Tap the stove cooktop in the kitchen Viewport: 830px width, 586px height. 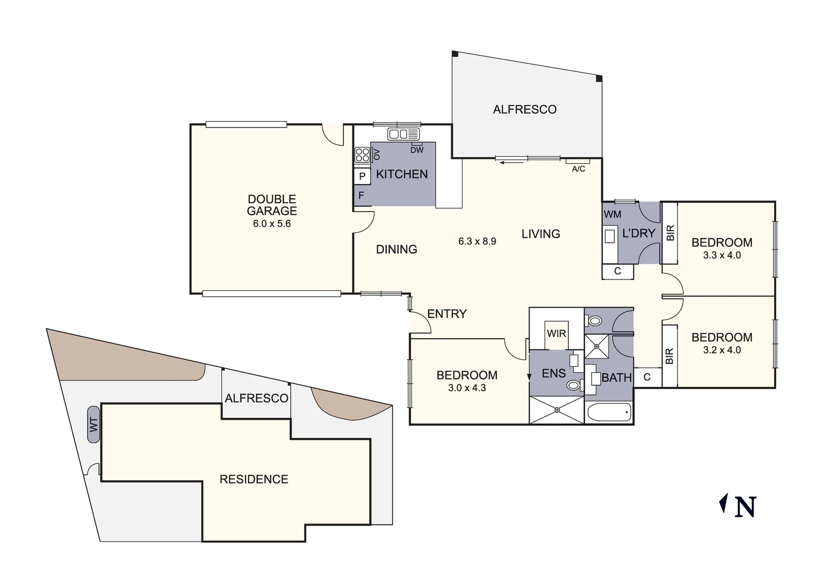(x=362, y=155)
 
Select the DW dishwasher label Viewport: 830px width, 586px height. (x=416, y=150)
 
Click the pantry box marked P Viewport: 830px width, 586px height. (x=362, y=176)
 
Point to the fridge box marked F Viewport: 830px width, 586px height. (x=361, y=195)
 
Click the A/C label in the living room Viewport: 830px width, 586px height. (x=578, y=169)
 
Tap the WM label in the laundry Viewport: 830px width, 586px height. (x=612, y=214)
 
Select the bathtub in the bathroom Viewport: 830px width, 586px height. (x=609, y=412)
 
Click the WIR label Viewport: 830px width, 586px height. (x=556, y=333)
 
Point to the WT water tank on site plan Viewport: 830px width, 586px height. (x=93, y=424)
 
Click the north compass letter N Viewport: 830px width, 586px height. (x=745, y=507)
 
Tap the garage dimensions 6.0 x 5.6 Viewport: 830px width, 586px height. (x=271, y=224)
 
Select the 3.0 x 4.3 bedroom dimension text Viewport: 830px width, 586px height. (x=466, y=388)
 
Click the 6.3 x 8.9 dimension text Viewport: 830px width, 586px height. (x=477, y=241)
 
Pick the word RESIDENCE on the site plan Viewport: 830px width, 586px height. (x=254, y=479)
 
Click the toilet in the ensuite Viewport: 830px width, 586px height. (x=573, y=385)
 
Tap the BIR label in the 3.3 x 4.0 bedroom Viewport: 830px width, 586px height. (x=670, y=233)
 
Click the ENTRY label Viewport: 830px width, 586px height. (x=447, y=314)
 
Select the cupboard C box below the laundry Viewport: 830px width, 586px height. (x=617, y=271)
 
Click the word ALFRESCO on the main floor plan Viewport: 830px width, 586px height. (x=524, y=110)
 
